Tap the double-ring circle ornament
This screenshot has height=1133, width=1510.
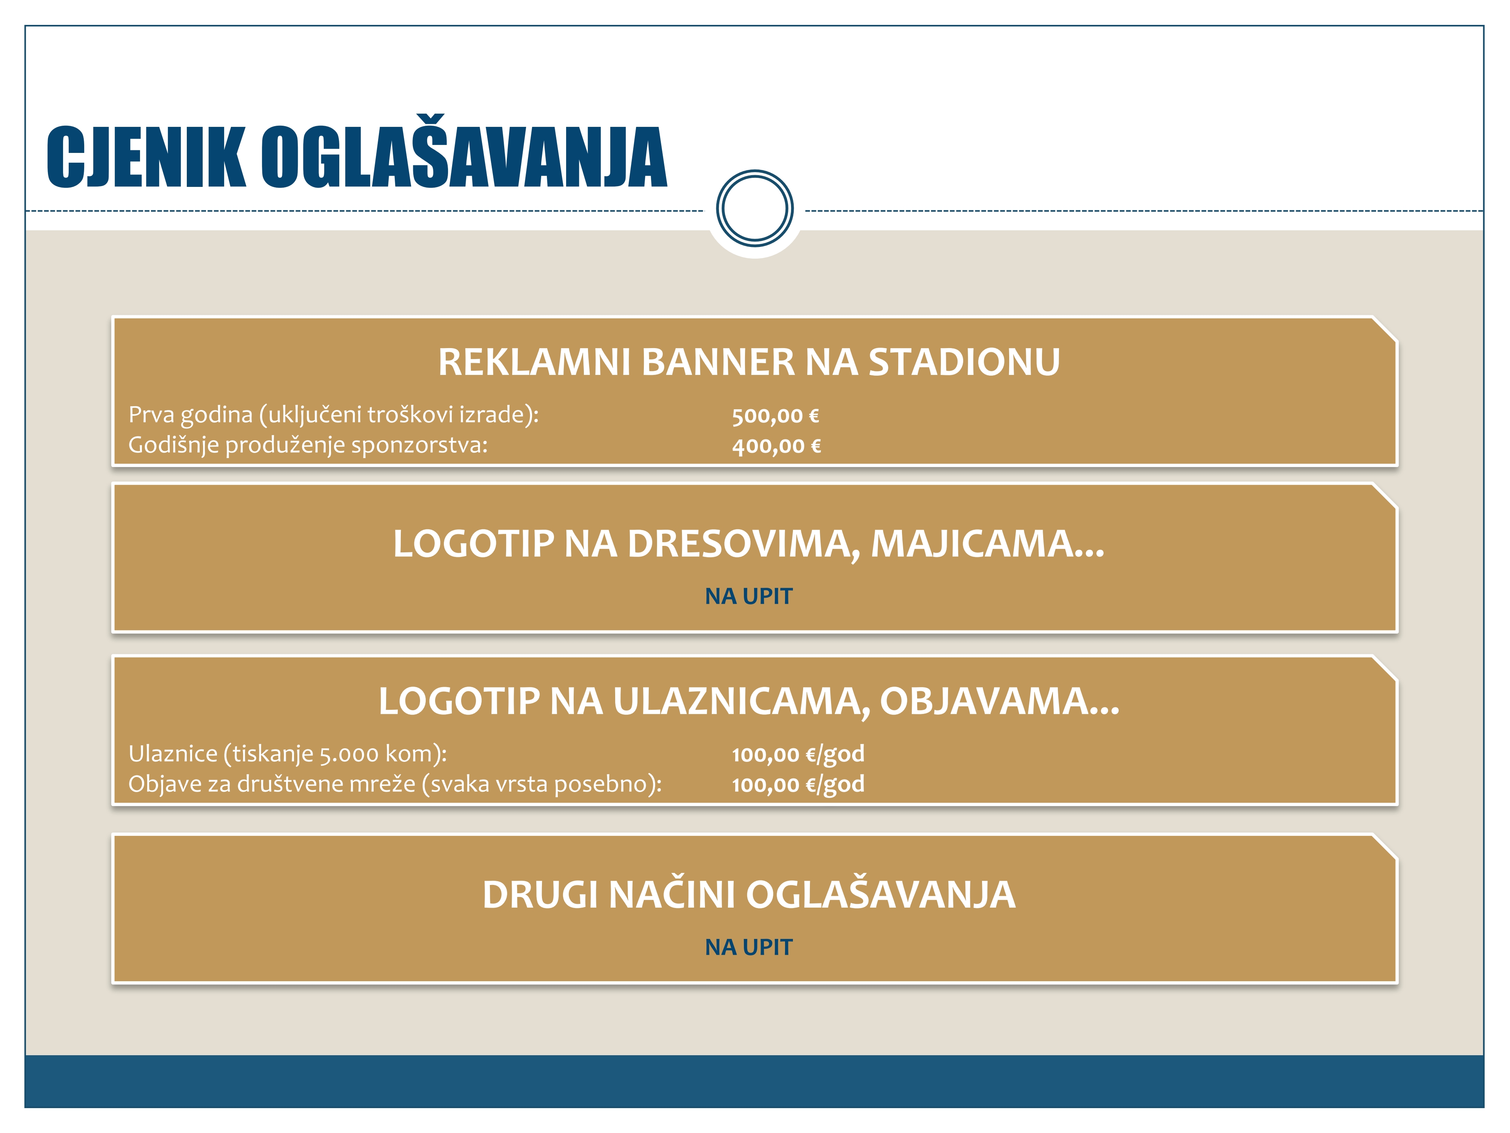point(754,208)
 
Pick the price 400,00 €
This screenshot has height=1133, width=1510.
point(776,446)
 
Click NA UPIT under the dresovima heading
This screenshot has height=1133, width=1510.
point(749,596)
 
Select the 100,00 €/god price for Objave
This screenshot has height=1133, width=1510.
point(798,784)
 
